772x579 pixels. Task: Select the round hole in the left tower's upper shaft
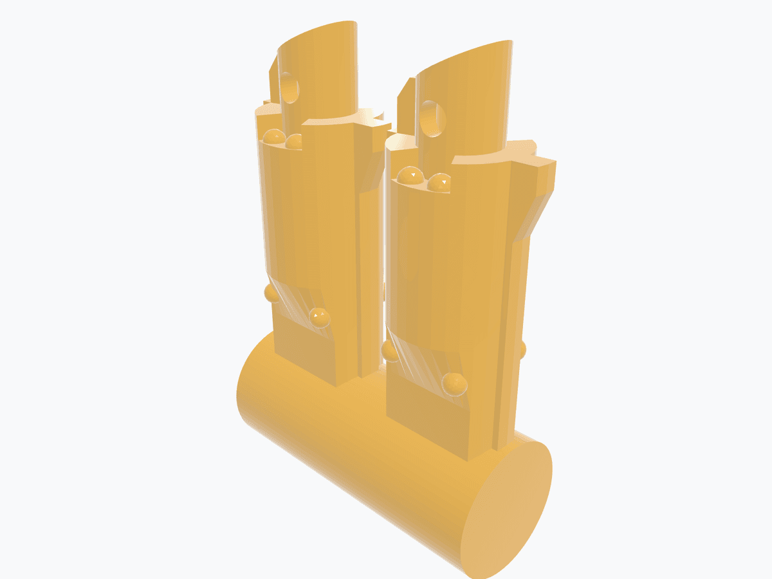click(289, 88)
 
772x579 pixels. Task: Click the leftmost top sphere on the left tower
click(274, 137)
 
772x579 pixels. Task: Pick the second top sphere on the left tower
click(295, 141)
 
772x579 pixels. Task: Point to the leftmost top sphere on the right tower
click(409, 175)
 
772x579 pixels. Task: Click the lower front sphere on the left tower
click(319, 317)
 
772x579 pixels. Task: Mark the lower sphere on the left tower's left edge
click(271, 293)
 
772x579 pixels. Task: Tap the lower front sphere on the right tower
click(454, 383)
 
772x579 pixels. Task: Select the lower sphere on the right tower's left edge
click(390, 351)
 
